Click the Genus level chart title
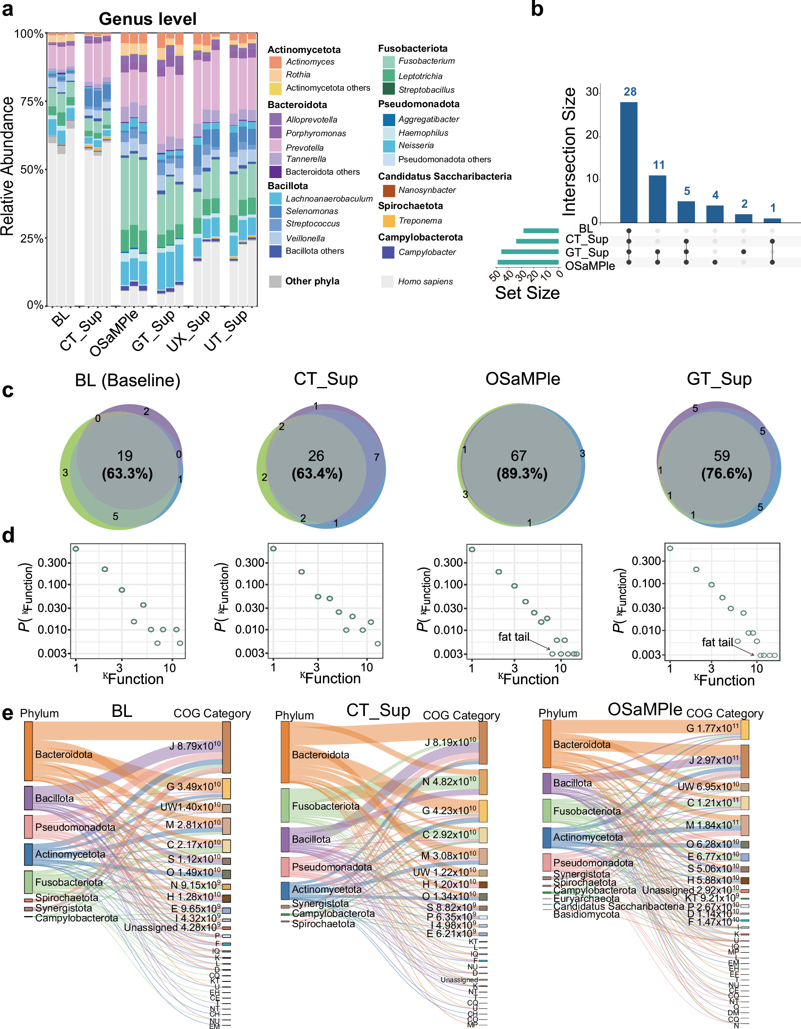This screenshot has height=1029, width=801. (x=147, y=19)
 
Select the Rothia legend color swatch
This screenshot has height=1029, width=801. (x=275, y=75)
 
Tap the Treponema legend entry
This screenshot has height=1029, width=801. (x=420, y=221)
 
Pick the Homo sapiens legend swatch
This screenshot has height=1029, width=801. (x=387, y=281)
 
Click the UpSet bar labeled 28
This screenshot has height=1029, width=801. (x=628, y=162)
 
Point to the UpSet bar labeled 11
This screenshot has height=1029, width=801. (x=657, y=198)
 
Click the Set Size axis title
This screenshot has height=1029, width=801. (x=527, y=293)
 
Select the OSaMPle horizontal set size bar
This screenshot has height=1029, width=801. (x=528, y=262)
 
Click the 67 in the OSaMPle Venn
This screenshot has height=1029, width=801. (x=519, y=456)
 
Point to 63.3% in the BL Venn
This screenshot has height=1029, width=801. (x=127, y=474)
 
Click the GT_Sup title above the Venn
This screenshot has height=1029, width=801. (x=719, y=379)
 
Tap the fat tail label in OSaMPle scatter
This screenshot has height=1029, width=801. (x=514, y=637)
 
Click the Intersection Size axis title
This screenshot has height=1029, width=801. (x=569, y=152)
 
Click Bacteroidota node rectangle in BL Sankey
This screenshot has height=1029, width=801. (x=28, y=752)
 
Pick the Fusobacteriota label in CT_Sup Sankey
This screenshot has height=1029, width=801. (x=325, y=806)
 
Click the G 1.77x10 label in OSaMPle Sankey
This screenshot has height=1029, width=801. (x=712, y=728)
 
